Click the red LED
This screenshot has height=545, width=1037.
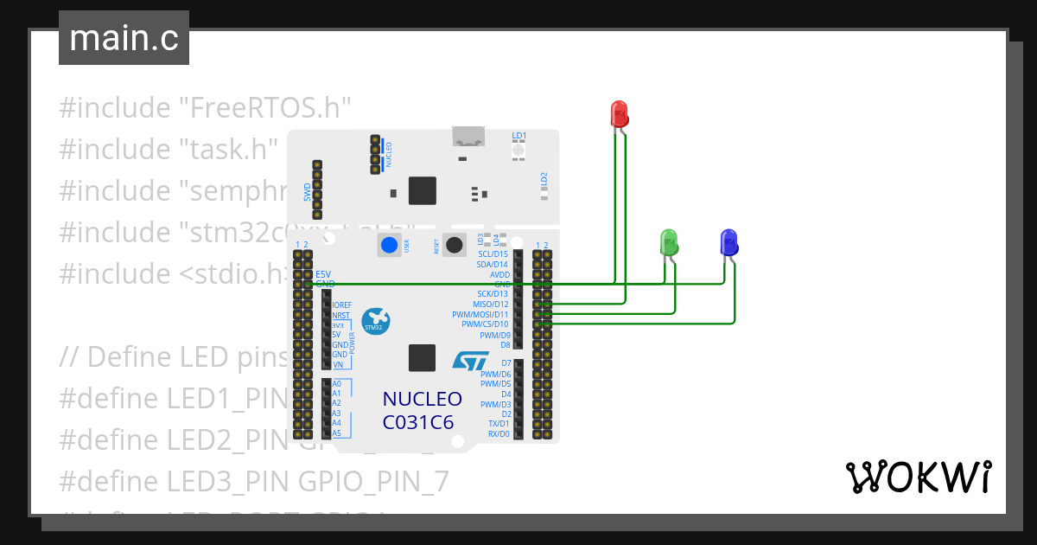click(x=620, y=114)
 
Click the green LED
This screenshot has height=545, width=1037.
click(x=668, y=241)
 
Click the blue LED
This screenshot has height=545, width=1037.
click(x=728, y=241)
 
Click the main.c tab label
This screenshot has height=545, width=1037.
click(x=124, y=38)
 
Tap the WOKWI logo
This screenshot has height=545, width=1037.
click(x=917, y=477)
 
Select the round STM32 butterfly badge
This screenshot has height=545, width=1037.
click(x=375, y=321)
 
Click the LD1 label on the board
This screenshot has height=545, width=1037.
click(x=518, y=136)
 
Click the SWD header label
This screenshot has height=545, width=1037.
click(x=307, y=192)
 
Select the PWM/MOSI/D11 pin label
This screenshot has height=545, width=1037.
click(x=480, y=315)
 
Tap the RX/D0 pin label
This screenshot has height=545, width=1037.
click(x=499, y=434)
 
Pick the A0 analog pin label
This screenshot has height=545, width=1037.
click(x=337, y=383)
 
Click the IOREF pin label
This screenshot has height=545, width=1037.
click(x=341, y=305)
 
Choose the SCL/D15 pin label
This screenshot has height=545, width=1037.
click(x=493, y=254)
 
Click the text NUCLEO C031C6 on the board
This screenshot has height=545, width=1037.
click(x=423, y=410)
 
